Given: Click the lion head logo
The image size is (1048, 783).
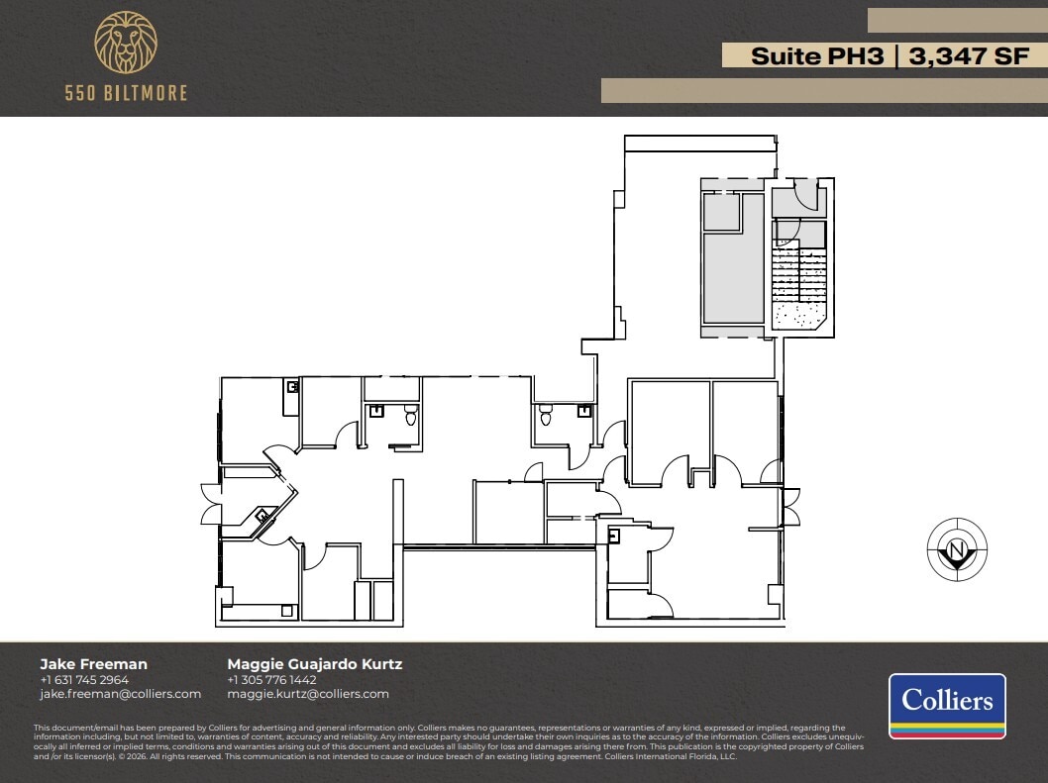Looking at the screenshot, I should point(125,44).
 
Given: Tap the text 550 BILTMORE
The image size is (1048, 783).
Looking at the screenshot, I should point(125,93).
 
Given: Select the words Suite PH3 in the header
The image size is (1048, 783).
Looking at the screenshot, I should point(817,56).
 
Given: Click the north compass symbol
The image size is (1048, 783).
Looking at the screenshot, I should point(956,550).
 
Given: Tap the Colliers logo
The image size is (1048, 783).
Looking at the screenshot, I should point(947,706).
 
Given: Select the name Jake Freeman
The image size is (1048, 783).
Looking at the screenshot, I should point(93,664).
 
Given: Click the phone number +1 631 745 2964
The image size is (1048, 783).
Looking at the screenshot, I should point(84,680).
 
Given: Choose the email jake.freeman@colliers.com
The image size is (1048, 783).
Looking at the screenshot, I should point(120,694).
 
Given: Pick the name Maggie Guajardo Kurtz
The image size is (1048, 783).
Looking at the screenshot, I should point(315,664).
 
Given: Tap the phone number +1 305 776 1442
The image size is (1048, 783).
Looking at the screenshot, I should point(271,680).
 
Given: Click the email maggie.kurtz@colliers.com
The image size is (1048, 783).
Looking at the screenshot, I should point(308,694).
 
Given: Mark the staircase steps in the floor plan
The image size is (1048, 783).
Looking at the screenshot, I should point(798,273).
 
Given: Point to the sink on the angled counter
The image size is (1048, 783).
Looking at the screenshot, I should point(263,516).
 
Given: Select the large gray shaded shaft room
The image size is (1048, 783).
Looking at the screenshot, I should point(733,277).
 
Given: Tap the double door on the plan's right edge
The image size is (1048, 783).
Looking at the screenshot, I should point(790,506).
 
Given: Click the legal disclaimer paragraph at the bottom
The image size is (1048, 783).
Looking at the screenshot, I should point(446,742).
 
